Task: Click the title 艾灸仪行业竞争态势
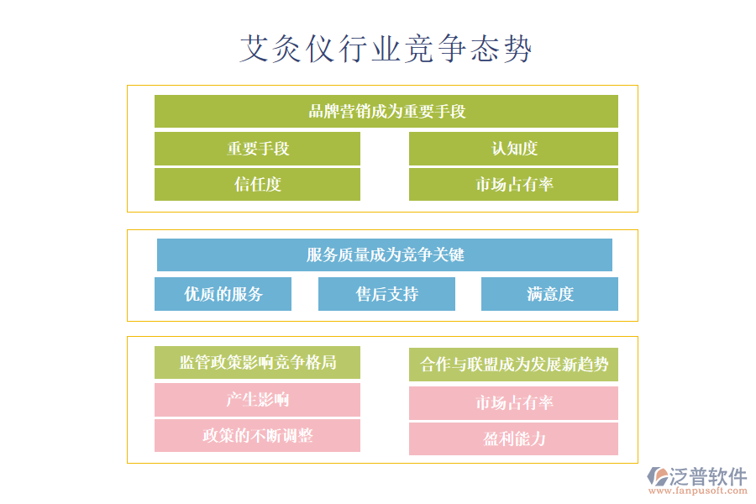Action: [x=386, y=49]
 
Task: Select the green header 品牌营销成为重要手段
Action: [x=386, y=111]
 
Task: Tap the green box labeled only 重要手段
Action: [x=257, y=149]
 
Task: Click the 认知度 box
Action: [x=513, y=149]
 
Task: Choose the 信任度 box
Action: [x=257, y=185]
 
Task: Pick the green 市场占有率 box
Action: [x=513, y=185]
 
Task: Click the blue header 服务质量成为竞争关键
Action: [x=385, y=255]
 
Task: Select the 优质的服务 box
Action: [x=223, y=294]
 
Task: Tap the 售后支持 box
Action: [x=386, y=294]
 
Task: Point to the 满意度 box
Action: [x=549, y=294]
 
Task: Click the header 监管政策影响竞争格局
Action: [x=257, y=363]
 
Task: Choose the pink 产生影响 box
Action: [x=257, y=400]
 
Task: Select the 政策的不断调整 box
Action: [x=257, y=436]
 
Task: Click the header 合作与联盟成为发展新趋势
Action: [x=513, y=365]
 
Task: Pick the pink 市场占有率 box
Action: [x=513, y=403]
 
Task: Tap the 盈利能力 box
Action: [x=513, y=439]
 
